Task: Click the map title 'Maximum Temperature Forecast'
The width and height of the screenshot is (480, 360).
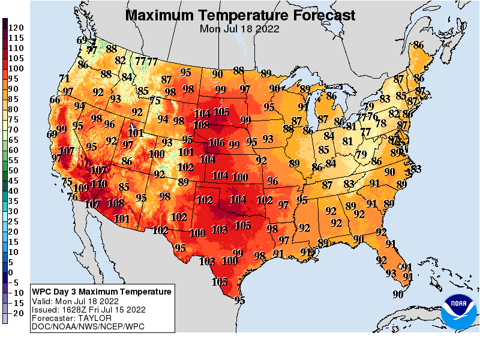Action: point(240,15)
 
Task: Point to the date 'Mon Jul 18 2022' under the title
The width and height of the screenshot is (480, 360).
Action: point(240,28)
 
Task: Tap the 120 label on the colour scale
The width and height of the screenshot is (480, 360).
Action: point(16,28)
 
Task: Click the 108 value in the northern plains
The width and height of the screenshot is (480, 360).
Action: point(202,125)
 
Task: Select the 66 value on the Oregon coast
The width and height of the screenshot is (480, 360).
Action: point(55,100)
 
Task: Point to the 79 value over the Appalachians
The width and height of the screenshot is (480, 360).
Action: point(361,154)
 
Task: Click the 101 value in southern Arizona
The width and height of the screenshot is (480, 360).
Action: point(121,218)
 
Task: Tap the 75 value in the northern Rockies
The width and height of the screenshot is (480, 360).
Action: point(155,101)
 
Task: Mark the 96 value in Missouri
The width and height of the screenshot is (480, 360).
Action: point(272,181)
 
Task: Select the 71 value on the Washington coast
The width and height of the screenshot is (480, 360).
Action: point(65,78)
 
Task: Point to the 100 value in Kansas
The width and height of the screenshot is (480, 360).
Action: point(240,176)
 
